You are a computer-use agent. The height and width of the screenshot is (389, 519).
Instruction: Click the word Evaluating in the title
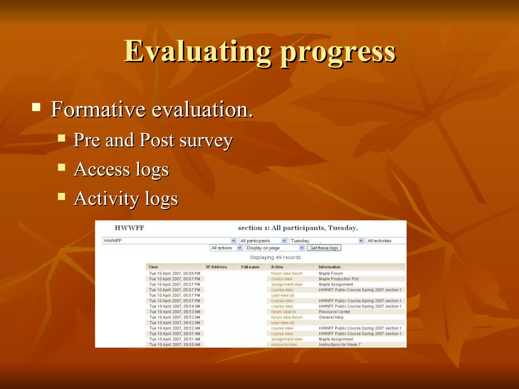[198, 52]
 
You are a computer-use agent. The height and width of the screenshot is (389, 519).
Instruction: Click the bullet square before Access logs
[62, 167]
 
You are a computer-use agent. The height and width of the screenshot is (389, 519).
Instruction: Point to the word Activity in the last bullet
[106, 198]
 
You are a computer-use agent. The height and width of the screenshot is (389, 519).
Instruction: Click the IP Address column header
[216, 267]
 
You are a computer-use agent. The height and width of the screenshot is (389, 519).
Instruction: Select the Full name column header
[250, 267]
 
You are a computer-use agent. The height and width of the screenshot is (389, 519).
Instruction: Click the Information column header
[329, 267]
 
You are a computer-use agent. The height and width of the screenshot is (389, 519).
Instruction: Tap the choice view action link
[282, 279]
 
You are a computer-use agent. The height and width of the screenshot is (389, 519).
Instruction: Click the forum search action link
[283, 312]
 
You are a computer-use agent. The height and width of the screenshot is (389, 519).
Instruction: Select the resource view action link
[284, 345]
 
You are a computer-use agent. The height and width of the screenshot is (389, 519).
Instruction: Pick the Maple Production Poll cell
[339, 279]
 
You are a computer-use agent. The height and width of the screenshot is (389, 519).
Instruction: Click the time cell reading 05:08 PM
[175, 274]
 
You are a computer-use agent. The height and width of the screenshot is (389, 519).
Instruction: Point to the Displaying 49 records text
[275, 257]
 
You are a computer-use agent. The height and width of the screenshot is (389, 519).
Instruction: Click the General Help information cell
[331, 317]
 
